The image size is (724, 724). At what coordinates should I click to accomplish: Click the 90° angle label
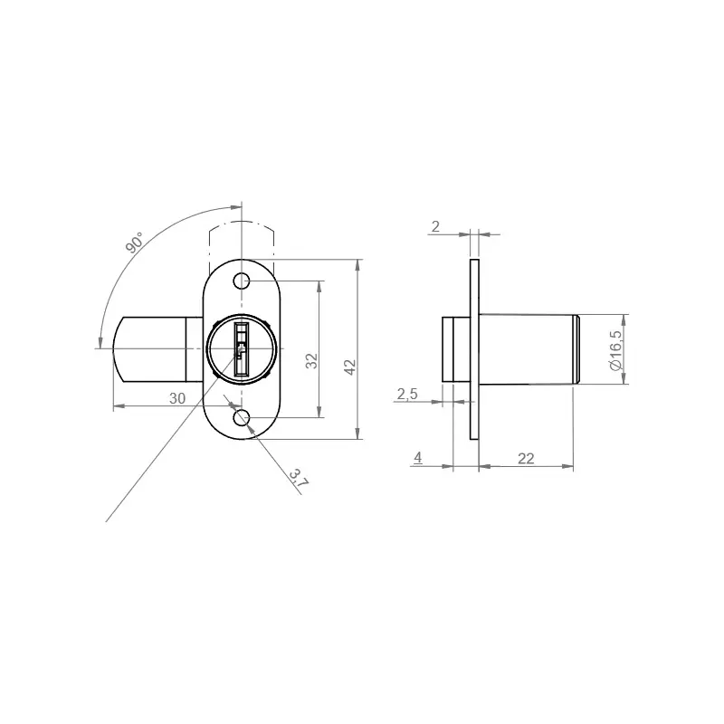point(134,243)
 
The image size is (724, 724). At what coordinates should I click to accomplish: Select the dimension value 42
point(350,367)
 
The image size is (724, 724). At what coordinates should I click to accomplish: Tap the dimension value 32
point(312,361)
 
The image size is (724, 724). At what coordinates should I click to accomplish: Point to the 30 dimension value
point(177,398)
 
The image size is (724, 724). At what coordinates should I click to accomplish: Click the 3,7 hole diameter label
point(299,478)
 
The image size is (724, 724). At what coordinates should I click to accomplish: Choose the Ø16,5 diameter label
point(615,350)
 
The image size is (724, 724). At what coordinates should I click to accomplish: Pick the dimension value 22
point(526,459)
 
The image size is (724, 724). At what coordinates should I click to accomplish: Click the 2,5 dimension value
point(407,394)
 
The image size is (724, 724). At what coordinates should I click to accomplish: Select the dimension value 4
point(418,458)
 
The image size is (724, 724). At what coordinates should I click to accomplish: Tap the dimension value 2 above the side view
point(435,227)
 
